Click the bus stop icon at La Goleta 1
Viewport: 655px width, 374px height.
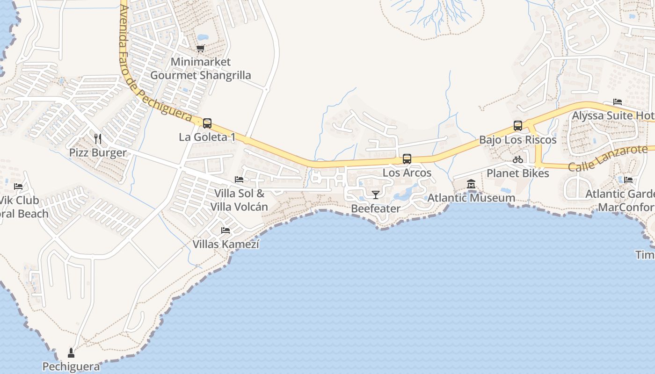click(x=207, y=123)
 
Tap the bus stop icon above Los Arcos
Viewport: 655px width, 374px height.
click(x=407, y=159)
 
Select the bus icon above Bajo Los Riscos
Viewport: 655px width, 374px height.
click(x=517, y=126)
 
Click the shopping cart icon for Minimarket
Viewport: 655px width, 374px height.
click(x=201, y=48)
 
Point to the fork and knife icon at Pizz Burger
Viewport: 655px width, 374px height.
click(x=98, y=139)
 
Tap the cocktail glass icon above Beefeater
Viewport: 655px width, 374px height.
click(x=375, y=194)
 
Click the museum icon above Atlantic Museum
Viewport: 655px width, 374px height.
click(x=471, y=184)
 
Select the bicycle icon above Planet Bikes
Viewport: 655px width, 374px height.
click(x=517, y=159)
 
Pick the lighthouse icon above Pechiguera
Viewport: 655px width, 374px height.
click(x=71, y=352)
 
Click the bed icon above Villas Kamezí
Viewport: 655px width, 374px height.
click(x=226, y=230)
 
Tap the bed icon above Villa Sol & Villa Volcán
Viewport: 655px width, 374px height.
click(x=239, y=180)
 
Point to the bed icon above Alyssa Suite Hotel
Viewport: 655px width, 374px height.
click(x=618, y=102)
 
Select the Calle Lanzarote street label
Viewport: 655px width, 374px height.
click(x=608, y=158)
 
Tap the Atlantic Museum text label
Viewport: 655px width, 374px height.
click(x=471, y=198)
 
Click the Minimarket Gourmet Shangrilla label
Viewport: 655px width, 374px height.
click(x=200, y=68)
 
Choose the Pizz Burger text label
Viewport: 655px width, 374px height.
click(x=98, y=153)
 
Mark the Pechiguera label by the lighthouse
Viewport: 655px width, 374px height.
click(x=71, y=367)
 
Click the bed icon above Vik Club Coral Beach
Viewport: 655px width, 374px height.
click(x=18, y=187)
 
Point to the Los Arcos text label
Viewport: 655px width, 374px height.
click(x=407, y=173)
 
